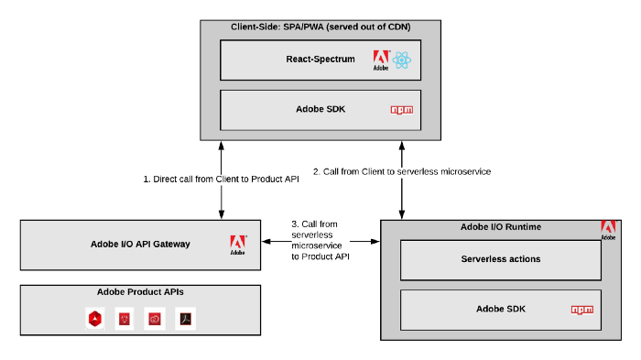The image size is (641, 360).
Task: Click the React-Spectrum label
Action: [x=320, y=60]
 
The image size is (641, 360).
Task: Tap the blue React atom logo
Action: [x=402, y=61]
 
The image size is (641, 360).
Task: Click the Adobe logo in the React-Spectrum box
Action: [x=380, y=61]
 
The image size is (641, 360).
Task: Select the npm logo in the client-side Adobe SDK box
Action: [x=401, y=110]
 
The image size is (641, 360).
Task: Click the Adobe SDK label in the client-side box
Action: [x=320, y=109]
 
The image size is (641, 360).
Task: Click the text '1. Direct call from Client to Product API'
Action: [x=221, y=180]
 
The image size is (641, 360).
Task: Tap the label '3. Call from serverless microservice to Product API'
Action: [x=318, y=241]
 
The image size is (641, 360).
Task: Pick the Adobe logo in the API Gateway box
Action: [x=237, y=244]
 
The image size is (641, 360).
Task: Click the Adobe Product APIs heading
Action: [x=141, y=292]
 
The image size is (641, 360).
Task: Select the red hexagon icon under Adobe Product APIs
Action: [x=94, y=319]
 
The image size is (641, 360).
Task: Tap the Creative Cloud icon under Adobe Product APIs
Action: [x=155, y=319]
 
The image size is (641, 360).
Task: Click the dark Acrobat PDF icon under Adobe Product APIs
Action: [x=185, y=319]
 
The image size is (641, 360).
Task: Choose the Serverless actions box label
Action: [x=500, y=259]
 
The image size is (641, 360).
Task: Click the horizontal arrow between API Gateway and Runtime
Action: [x=320, y=243]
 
